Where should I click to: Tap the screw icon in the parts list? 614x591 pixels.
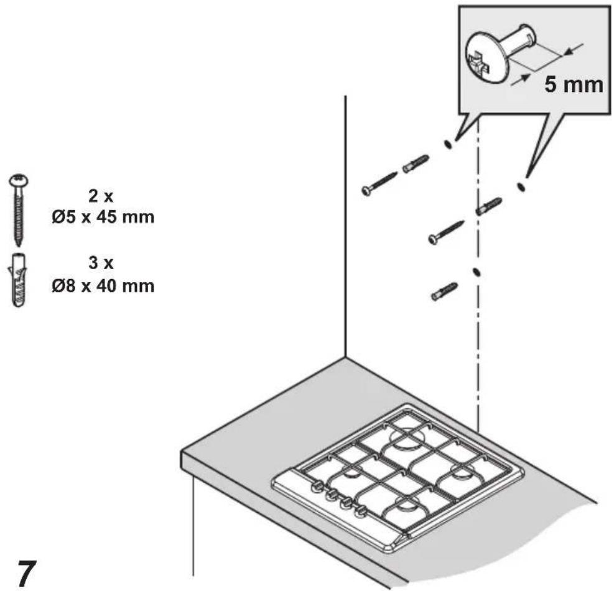tap(19, 211)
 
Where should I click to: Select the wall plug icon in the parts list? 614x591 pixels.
tap(18, 280)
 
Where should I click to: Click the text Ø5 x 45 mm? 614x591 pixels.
tap(103, 217)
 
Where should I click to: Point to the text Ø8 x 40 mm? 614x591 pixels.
tap(103, 286)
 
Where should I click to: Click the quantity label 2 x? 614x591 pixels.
tap(101, 196)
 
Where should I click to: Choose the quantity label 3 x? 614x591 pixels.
tap(101, 263)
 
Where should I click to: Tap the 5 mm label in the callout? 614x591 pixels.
tap(574, 85)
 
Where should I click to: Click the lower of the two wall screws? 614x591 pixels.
tap(446, 232)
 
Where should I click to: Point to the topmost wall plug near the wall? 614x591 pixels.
tap(416, 163)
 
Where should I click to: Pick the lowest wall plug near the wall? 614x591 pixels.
tap(444, 292)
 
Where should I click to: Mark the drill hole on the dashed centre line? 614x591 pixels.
tap(477, 272)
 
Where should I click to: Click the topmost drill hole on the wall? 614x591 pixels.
tap(449, 144)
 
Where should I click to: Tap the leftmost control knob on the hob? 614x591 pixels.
tap(317, 487)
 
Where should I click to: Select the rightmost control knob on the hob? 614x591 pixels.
tap(361, 511)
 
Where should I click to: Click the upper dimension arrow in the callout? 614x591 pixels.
tap(573, 49)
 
